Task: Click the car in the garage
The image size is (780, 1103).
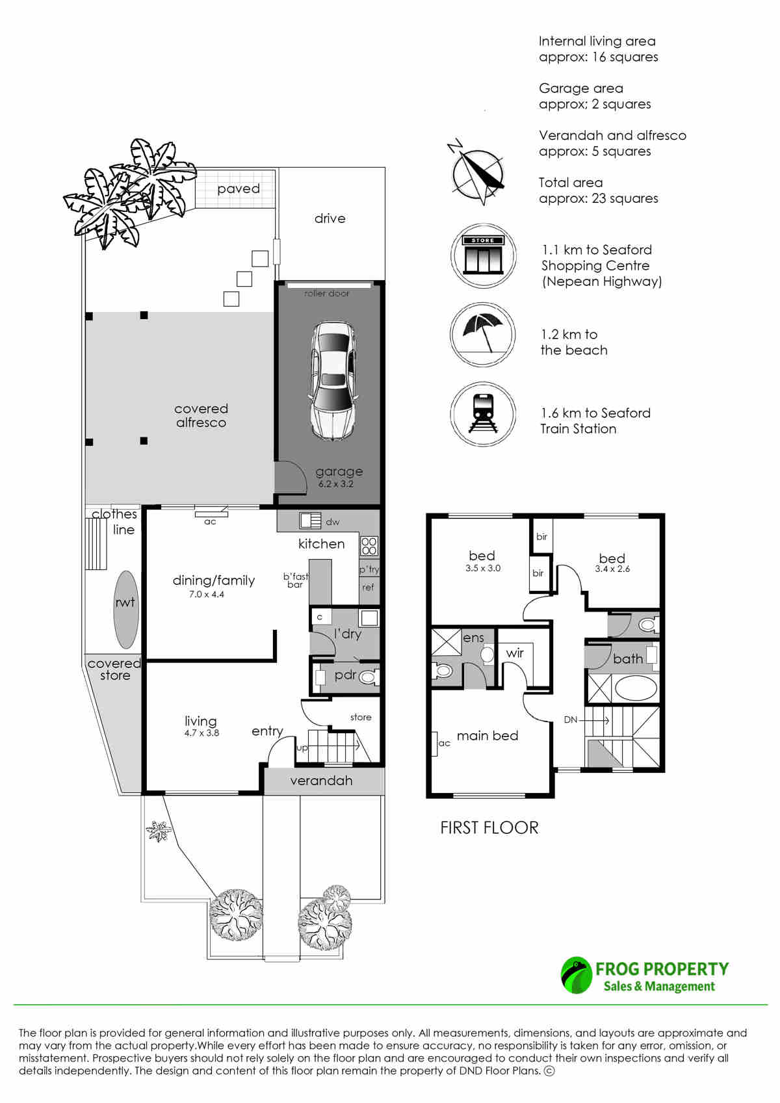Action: coord(332,380)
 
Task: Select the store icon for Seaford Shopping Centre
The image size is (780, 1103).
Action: coord(482,255)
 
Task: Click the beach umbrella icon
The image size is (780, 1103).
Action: coord(482,334)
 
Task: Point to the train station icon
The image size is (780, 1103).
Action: coord(482,414)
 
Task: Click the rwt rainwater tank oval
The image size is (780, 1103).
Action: coord(125,609)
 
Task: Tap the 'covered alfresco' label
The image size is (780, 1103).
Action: coord(201,415)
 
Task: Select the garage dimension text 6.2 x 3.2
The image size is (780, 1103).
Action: coord(336,484)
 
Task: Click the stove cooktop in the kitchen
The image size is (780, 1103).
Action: coord(369,546)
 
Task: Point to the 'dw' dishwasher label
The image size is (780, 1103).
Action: coord(332,522)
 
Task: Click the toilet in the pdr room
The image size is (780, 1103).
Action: coord(369,677)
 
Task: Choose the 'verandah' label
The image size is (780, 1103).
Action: coord(321,781)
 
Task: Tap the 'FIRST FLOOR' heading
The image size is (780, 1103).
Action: coord(489,828)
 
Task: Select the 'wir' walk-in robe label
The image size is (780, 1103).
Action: coord(515,653)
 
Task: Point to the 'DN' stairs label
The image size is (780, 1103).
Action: coord(570,720)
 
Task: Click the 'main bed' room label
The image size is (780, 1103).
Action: coord(487,736)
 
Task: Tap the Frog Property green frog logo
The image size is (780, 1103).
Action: coord(576,975)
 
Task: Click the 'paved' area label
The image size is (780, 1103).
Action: coord(239,189)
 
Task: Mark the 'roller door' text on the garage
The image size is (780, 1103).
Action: coord(326,294)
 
